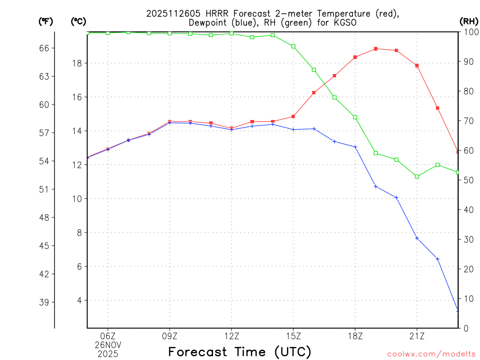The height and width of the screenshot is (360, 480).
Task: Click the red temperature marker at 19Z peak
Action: pyautogui.click(x=376, y=49)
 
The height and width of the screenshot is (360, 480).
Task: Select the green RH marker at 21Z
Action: pyautogui.click(x=417, y=176)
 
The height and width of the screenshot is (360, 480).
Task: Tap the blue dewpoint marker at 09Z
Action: pyautogui.click(x=170, y=123)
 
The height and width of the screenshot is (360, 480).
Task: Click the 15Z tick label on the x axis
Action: pyautogui.click(x=293, y=336)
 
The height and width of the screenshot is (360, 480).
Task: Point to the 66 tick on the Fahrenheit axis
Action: pyautogui.click(x=47, y=48)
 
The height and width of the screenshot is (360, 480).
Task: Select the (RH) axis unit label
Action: pyautogui.click(x=468, y=21)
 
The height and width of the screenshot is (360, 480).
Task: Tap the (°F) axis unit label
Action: pyautogui.click(x=46, y=21)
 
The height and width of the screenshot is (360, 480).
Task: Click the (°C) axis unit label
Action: pyautogui.click(x=78, y=21)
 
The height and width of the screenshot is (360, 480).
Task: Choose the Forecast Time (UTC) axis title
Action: pyautogui.click(x=240, y=352)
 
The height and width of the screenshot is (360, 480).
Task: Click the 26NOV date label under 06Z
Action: pyautogui.click(x=108, y=345)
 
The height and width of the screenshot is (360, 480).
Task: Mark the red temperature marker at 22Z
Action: pyautogui.click(x=437, y=108)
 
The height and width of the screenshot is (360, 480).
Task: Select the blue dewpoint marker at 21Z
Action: pyautogui.click(x=417, y=239)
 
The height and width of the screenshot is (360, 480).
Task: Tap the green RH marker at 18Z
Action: pyautogui.click(x=355, y=117)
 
